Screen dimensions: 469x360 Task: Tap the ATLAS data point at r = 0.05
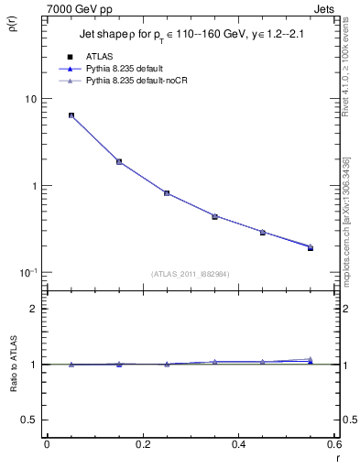[71, 115]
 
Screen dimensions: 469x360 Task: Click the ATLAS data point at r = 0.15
[119, 161]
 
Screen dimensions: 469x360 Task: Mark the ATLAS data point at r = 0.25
[167, 193]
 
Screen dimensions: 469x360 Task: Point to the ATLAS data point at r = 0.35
[214, 217]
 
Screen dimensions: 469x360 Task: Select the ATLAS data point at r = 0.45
[262, 233]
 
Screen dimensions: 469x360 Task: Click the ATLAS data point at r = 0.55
[310, 248]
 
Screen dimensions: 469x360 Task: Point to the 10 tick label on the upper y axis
[29, 99]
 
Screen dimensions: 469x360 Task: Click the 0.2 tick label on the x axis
[142, 444]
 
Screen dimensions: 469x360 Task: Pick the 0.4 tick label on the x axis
[238, 444]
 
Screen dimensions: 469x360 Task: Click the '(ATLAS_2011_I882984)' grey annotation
[191, 274]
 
